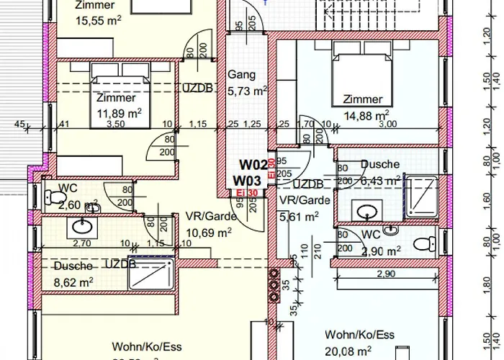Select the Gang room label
click(x=241, y=75)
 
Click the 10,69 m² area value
click(x=210, y=233)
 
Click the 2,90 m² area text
click(x=382, y=251)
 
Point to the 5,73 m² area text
click(x=247, y=91)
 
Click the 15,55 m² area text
click(x=98, y=21)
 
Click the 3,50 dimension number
click(x=115, y=125)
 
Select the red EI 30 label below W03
click(x=246, y=193)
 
